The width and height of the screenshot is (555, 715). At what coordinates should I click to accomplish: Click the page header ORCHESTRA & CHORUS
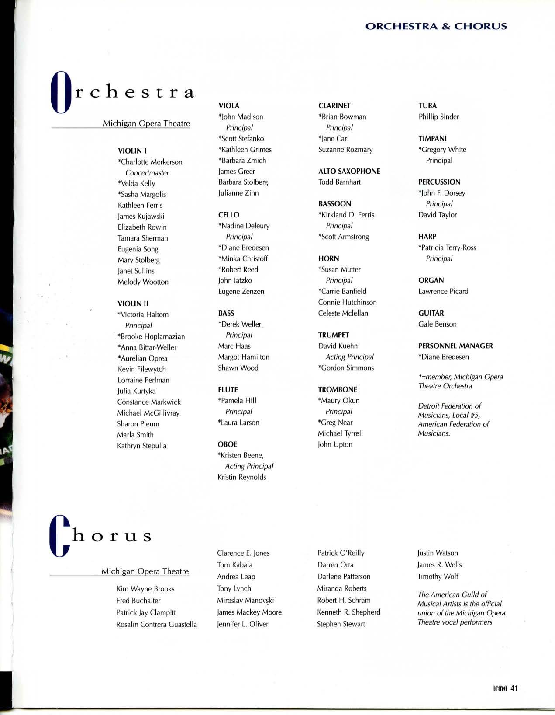(x=436, y=26)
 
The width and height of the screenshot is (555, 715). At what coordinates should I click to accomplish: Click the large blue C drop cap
(x=60, y=536)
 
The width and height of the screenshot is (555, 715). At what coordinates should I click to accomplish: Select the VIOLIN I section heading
(x=132, y=151)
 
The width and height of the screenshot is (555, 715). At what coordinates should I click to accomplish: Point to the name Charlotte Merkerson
(x=151, y=162)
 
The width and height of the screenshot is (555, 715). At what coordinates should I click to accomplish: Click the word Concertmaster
(x=147, y=173)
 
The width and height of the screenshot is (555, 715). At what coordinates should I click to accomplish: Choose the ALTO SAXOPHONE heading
(x=349, y=172)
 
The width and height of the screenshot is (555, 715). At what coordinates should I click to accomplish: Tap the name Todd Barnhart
(x=339, y=182)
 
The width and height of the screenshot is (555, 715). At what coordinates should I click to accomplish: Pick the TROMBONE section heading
(x=337, y=390)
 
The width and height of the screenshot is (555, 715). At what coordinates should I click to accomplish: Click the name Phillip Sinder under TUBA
(x=438, y=117)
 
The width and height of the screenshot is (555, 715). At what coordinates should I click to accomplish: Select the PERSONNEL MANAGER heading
(x=455, y=346)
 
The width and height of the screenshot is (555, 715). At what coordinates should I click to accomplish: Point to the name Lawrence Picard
(x=443, y=292)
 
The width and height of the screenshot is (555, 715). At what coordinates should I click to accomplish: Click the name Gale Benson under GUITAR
(x=437, y=324)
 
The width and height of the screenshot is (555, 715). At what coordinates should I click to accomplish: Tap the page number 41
(x=514, y=688)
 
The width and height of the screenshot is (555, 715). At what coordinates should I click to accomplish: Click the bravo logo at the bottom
(x=499, y=688)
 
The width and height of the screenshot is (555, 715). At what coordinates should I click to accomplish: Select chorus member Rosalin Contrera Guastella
(x=156, y=625)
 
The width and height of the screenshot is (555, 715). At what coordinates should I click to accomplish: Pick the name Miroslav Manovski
(x=245, y=601)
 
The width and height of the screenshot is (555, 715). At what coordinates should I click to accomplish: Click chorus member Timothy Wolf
(x=438, y=577)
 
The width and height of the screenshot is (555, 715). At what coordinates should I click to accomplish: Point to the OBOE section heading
(x=227, y=444)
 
